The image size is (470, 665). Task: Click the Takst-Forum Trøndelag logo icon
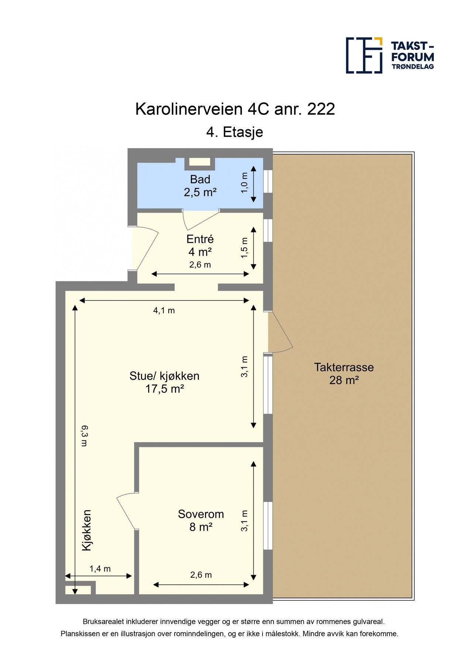pyautogui.click(x=364, y=55)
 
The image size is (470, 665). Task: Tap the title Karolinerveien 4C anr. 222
pyautogui.click(x=235, y=109)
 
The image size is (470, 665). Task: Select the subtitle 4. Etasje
pyautogui.click(x=235, y=132)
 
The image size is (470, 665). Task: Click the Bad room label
pyautogui.click(x=200, y=180)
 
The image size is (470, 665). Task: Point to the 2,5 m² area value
pyautogui.click(x=200, y=192)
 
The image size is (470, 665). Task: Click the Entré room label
pyautogui.click(x=200, y=239)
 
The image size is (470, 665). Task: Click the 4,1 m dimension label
pyautogui.click(x=164, y=310)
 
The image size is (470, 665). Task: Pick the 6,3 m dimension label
pyautogui.click(x=85, y=436)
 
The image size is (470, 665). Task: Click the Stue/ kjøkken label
pyautogui.click(x=164, y=376)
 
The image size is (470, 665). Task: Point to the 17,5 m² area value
pyautogui.click(x=165, y=389)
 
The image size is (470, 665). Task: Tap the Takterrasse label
pyautogui.click(x=344, y=367)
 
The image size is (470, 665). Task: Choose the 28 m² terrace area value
pyautogui.click(x=344, y=380)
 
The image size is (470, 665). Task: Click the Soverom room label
pyautogui.click(x=201, y=514)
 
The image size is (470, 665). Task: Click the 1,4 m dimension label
pyautogui.click(x=100, y=569)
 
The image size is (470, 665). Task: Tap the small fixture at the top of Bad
pyautogui.click(x=200, y=162)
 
